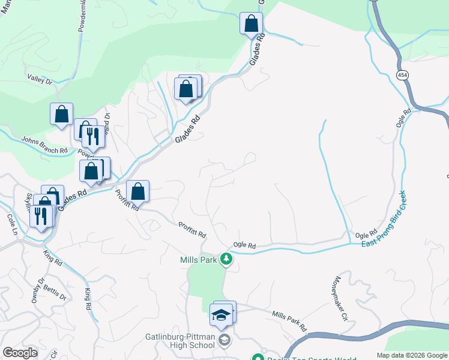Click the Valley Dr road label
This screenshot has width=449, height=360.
pyautogui.click(x=40, y=79)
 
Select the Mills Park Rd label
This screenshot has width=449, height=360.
pyautogui.click(x=289, y=322)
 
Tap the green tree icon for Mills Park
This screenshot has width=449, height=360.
pyautogui.click(x=226, y=259)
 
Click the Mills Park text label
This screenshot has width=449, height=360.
pyautogui.click(x=199, y=260)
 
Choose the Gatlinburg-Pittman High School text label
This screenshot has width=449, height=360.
pyautogui.click(x=180, y=340)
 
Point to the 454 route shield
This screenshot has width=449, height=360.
pyautogui.click(x=402, y=73)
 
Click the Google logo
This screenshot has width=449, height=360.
pyautogui.click(x=20, y=353)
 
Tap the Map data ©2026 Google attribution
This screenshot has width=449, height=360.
pyautogui.click(x=411, y=355)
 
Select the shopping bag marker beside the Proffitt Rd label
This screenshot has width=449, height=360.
pyautogui.click(x=138, y=191)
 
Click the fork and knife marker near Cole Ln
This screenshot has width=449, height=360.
pyautogui.click(x=41, y=216)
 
